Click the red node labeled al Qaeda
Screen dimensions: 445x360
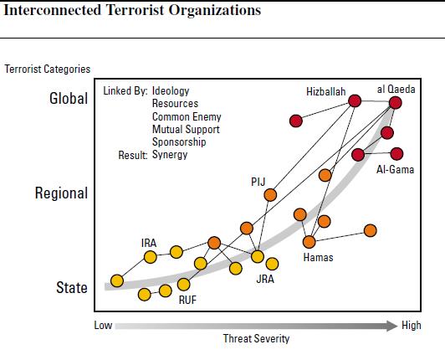pyautogui.click(x=396, y=103)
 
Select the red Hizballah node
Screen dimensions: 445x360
pyautogui.click(x=355, y=100)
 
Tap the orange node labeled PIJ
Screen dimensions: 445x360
pyautogui.click(x=270, y=195)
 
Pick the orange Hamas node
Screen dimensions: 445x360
pyautogui.click(x=309, y=242)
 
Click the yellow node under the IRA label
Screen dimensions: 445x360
pyautogui.click(x=150, y=257)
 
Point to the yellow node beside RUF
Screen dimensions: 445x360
pyautogui.click(x=184, y=284)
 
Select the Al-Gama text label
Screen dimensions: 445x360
pyautogui.click(x=395, y=170)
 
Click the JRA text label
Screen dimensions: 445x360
pyautogui.click(x=265, y=279)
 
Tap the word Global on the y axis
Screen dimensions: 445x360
pyautogui.click(x=69, y=99)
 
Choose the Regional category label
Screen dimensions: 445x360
pyautogui.click(x=61, y=193)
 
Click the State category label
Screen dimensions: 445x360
pyautogui.click(x=72, y=287)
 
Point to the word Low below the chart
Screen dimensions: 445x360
pyautogui.click(x=103, y=326)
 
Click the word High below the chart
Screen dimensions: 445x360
pyautogui.click(x=412, y=326)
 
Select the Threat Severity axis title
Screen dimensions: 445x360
pyautogui.click(x=256, y=339)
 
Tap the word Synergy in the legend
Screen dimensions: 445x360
pyautogui.click(x=170, y=155)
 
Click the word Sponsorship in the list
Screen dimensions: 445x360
pyautogui.click(x=179, y=141)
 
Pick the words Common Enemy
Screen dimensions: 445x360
pyautogui.click(x=187, y=116)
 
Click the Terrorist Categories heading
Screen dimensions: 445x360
pyautogui.click(x=47, y=69)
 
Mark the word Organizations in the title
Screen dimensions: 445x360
pyautogui.click(x=214, y=10)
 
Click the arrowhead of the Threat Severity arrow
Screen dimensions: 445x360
pyautogui.click(x=392, y=326)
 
